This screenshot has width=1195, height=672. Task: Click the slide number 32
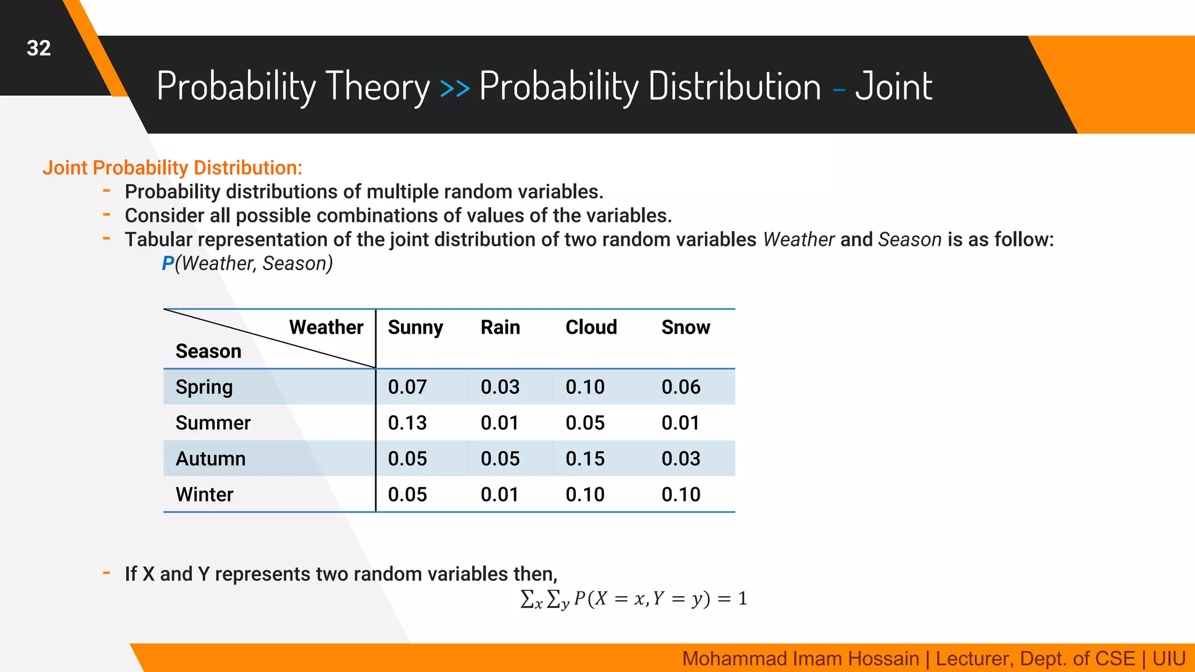click(39, 48)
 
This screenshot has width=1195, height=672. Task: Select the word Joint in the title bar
click(893, 87)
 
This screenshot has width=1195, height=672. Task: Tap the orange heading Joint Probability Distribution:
click(172, 168)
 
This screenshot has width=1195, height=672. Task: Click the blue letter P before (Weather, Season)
click(167, 264)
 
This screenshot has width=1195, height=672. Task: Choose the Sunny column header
click(415, 327)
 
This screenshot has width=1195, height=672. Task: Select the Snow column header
click(685, 327)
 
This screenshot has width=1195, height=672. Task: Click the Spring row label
click(204, 387)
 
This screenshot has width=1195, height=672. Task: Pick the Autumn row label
click(210, 459)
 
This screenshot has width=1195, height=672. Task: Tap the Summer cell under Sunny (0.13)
click(407, 423)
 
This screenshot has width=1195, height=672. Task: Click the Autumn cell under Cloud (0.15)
click(585, 459)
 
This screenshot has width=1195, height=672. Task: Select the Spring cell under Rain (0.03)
click(499, 387)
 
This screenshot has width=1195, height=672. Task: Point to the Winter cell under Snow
click(680, 495)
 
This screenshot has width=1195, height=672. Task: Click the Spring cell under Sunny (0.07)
click(407, 387)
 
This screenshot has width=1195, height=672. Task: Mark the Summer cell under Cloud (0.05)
click(585, 423)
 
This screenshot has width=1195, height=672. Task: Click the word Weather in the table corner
click(326, 327)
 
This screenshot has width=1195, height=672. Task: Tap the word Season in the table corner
click(208, 352)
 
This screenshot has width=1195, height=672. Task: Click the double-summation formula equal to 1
click(633, 599)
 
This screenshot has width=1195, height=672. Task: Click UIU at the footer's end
click(1168, 659)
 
